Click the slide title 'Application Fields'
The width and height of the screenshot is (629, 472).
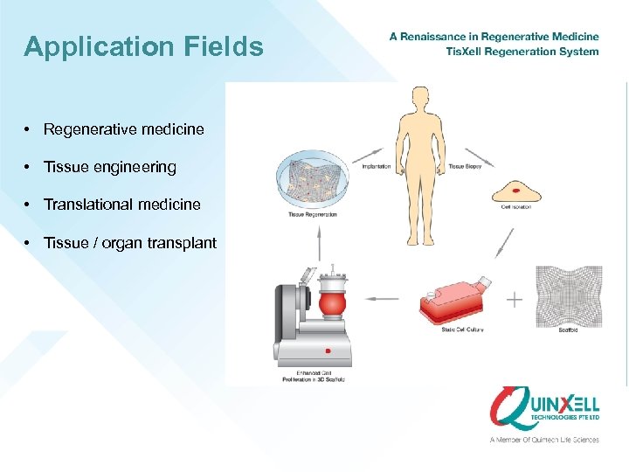143,46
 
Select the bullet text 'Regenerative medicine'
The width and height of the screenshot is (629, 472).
124,129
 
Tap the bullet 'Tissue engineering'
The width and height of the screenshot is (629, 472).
110,167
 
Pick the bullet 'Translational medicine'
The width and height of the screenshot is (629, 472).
122,205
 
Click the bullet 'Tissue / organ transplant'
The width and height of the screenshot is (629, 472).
130,243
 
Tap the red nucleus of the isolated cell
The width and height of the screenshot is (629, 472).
516,190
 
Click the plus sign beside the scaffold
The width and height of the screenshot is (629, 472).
515,300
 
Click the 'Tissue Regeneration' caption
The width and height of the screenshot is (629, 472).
312,214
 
